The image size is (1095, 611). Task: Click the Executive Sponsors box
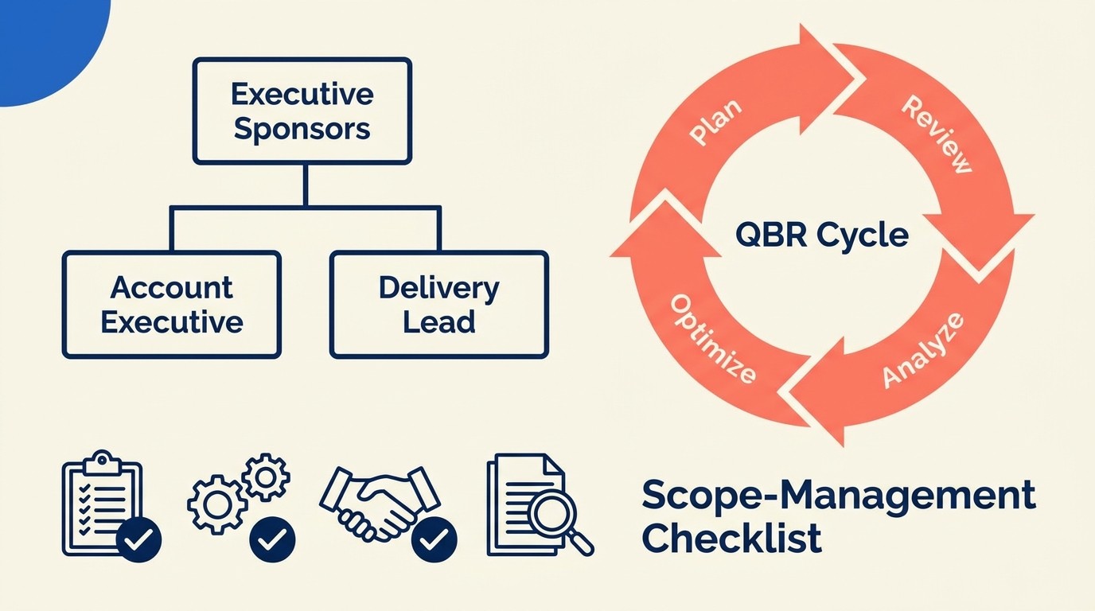click(x=302, y=111)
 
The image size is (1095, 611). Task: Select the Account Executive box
click(x=172, y=305)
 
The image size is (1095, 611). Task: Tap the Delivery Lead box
click(x=438, y=305)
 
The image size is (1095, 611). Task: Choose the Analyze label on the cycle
click(x=923, y=351)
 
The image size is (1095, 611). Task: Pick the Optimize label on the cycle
click(x=712, y=339)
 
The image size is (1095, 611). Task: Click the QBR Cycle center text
click(x=822, y=235)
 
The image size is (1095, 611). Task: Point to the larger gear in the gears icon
click(x=216, y=504)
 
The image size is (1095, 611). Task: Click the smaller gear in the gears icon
click(x=266, y=477)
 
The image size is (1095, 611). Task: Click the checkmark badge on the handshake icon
click(x=434, y=541)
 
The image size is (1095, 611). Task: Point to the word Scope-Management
click(x=838, y=496)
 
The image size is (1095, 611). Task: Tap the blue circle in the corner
click(x=40, y=40)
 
